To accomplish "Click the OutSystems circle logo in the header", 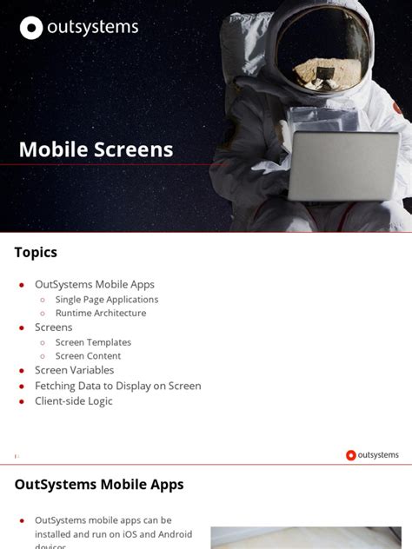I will pyautogui.click(x=31, y=29).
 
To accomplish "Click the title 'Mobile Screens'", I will pyautogui.click(x=96, y=149).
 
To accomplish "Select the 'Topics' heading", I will pyautogui.click(x=36, y=253).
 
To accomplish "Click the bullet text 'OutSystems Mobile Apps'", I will pyautogui.click(x=94, y=284).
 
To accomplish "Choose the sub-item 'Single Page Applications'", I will pyautogui.click(x=106, y=300).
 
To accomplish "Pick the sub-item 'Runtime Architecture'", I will pyautogui.click(x=100, y=313).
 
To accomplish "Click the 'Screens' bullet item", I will pyautogui.click(x=53, y=327).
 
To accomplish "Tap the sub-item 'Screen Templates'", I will pyautogui.click(x=93, y=342).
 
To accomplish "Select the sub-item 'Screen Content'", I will pyautogui.click(x=88, y=356).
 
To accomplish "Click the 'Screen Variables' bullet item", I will pyautogui.click(x=74, y=370).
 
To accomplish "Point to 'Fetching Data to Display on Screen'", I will pyautogui.click(x=117, y=386).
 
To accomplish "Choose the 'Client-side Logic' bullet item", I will pyautogui.click(x=74, y=401).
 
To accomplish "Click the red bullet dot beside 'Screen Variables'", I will pyautogui.click(x=22, y=371).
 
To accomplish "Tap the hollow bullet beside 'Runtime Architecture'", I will pyautogui.click(x=43, y=314).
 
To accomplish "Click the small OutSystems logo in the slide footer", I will pyautogui.click(x=351, y=455).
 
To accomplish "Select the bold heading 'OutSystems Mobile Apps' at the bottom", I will pyautogui.click(x=99, y=485).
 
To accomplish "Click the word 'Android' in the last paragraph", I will pyautogui.click(x=174, y=534).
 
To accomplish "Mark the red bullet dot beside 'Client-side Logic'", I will pyautogui.click(x=22, y=402).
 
